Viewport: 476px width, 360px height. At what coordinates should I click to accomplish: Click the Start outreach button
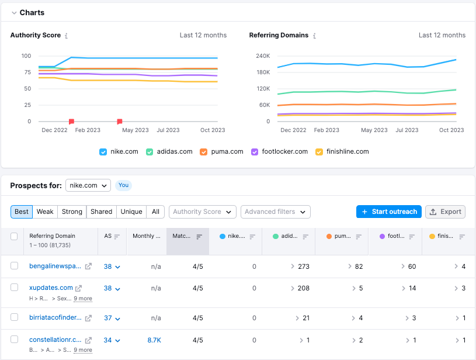pyautogui.click(x=389, y=212)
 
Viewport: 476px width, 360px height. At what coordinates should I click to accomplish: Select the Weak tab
pyautogui.click(x=45, y=212)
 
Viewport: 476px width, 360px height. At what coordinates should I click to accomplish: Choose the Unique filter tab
pyautogui.click(x=131, y=212)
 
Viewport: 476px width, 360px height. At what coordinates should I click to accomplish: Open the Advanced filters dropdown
pyautogui.click(x=275, y=212)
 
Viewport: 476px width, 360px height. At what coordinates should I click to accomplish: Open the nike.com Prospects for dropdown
pyautogui.click(x=88, y=185)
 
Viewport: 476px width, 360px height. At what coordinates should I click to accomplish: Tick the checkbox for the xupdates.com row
pyautogui.click(x=14, y=288)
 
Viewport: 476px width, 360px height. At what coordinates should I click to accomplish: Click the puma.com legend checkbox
pyautogui.click(x=203, y=152)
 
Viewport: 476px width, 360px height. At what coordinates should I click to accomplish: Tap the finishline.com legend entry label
pyautogui.click(x=348, y=151)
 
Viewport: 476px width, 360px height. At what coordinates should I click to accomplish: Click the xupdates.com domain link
pyautogui.click(x=51, y=288)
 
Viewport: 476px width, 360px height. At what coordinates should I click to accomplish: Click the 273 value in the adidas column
pyautogui.click(x=304, y=266)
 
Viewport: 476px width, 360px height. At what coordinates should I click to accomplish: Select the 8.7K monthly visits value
pyautogui.click(x=154, y=340)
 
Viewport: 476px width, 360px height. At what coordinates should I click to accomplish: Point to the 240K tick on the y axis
pyautogui.click(x=263, y=56)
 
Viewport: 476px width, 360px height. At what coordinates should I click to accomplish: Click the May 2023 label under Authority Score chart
pyautogui.click(x=135, y=130)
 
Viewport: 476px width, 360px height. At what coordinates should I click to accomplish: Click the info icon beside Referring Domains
pyautogui.click(x=314, y=36)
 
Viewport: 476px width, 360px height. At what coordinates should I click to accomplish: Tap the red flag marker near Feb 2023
pyautogui.click(x=72, y=122)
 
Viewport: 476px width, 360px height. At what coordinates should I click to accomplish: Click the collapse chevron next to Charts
pyautogui.click(x=14, y=13)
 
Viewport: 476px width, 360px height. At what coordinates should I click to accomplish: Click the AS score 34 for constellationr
pyautogui.click(x=108, y=340)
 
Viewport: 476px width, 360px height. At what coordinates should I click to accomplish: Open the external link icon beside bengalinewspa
pyautogui.click(x=88, y=266)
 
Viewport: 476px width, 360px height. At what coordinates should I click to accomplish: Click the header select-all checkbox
pyautogui.click(x=14, y=236)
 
